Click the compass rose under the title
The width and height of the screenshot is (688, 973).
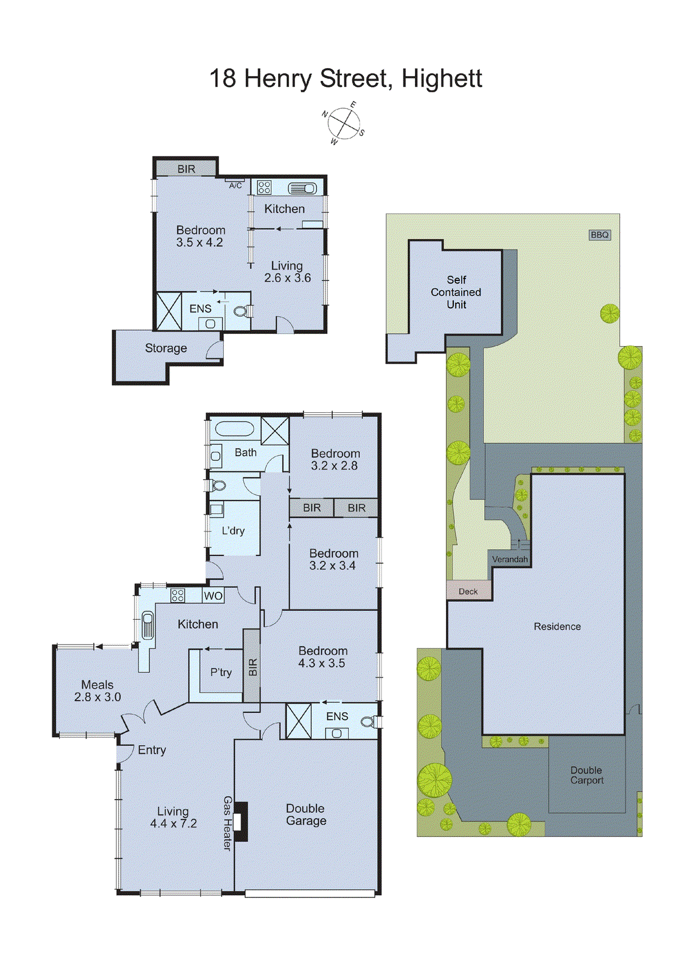344,123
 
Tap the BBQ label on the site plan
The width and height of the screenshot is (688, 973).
599,235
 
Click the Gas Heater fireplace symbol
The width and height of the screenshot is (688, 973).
241,822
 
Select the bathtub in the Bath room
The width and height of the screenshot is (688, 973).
234,429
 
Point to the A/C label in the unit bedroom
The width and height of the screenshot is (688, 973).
235,185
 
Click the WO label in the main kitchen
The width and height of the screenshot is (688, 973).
213,596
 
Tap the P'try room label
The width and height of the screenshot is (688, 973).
221,673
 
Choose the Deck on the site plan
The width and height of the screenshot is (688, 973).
468,591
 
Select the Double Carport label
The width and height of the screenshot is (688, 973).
586,775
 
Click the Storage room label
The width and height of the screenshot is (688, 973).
165,348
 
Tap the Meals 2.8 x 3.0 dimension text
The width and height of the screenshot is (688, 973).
97,698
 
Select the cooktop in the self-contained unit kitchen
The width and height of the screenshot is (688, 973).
264,187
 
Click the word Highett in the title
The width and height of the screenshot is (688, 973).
442,78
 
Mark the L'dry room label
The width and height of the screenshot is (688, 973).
233,531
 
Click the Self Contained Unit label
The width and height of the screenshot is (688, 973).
456,292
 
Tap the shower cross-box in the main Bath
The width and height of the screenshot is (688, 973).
275,431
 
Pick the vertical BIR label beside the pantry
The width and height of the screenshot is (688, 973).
252,667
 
